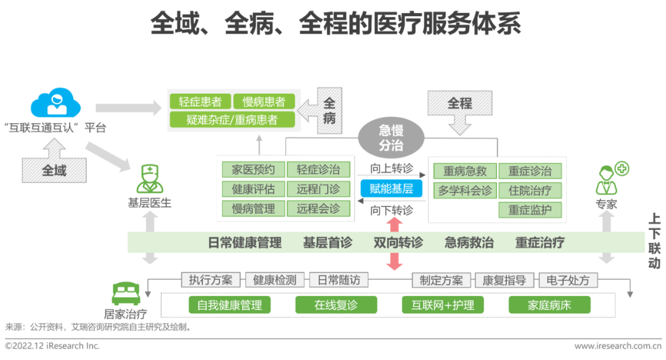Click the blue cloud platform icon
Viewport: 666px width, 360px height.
pyautogui.click(x=55, y=102)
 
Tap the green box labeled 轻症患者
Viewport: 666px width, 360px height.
pyautogui.click(x=200, y=102)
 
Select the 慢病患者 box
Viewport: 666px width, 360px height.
pyautogui.click(x=263, y=102)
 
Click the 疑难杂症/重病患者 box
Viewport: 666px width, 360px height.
pyautogui.click(x=232, y=120)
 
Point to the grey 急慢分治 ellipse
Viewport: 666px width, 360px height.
pyautogui.click(x=391, y=137)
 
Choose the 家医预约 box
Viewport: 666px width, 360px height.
pyautogui.click(x=253, y=170)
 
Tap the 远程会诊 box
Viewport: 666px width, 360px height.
pyautogui.click(x=318, y=208)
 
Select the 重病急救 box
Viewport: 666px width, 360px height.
pyautogui.click(x=464, y=171)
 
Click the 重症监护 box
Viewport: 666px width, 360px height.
pyautogui.click(x=530, y=210)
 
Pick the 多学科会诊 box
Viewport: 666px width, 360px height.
pyautogui.click(x=464, y=190)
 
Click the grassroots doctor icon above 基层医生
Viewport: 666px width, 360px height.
pyautogui.click(x=149, y=179)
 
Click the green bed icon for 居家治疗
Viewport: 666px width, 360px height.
pyautogui.click(x=127, y=291)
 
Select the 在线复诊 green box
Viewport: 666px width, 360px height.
pyautogui.click(x=335, y=305)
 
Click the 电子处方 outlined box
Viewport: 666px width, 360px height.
pyautogui.click(x=568, y=280)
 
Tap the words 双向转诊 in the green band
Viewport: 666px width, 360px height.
pyautogui.click(x=398, y=242)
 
